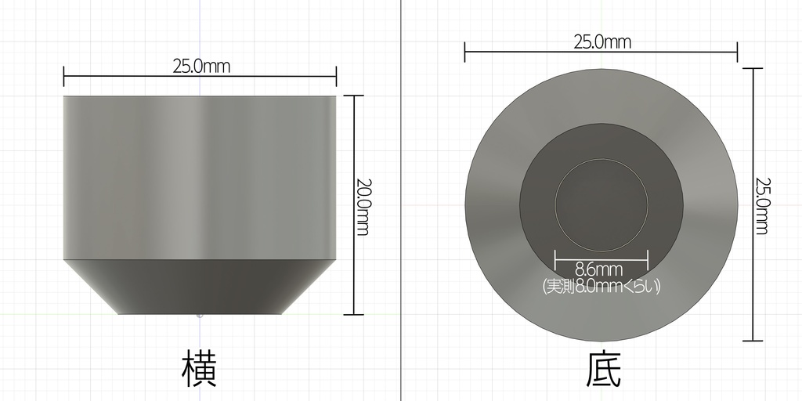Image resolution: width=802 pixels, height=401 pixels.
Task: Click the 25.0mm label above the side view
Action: pos(201,66)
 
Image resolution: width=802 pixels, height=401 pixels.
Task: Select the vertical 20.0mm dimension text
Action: pos(362,207)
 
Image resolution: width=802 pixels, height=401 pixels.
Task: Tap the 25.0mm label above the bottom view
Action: pos(602,42)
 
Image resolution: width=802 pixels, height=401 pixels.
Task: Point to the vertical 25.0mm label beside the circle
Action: pos(762,206)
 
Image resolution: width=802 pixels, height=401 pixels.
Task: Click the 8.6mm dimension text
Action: pos(599,269)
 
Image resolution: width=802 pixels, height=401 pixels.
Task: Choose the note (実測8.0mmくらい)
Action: pos(601,286)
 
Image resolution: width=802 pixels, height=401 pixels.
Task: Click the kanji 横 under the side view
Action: pos(200,368)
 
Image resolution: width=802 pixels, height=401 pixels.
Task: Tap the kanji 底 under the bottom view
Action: pos(603,369)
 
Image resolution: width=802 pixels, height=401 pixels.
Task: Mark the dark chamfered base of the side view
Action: pos(200,287)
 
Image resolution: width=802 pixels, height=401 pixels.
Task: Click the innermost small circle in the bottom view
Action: pos(601,159)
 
